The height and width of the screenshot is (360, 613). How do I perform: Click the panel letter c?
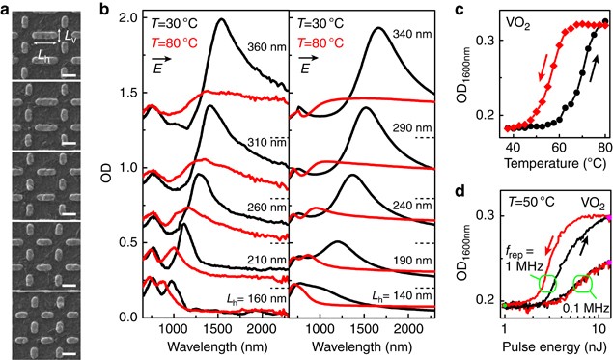pos(460,9)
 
